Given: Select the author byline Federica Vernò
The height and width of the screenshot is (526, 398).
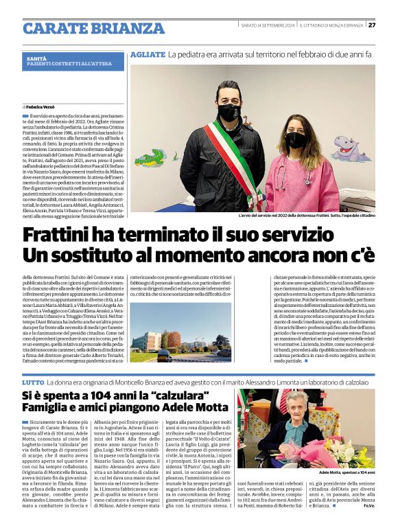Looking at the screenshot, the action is click(x=39, y=107).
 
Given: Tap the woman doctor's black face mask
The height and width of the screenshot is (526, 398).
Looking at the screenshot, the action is click(x=296, y=139).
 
